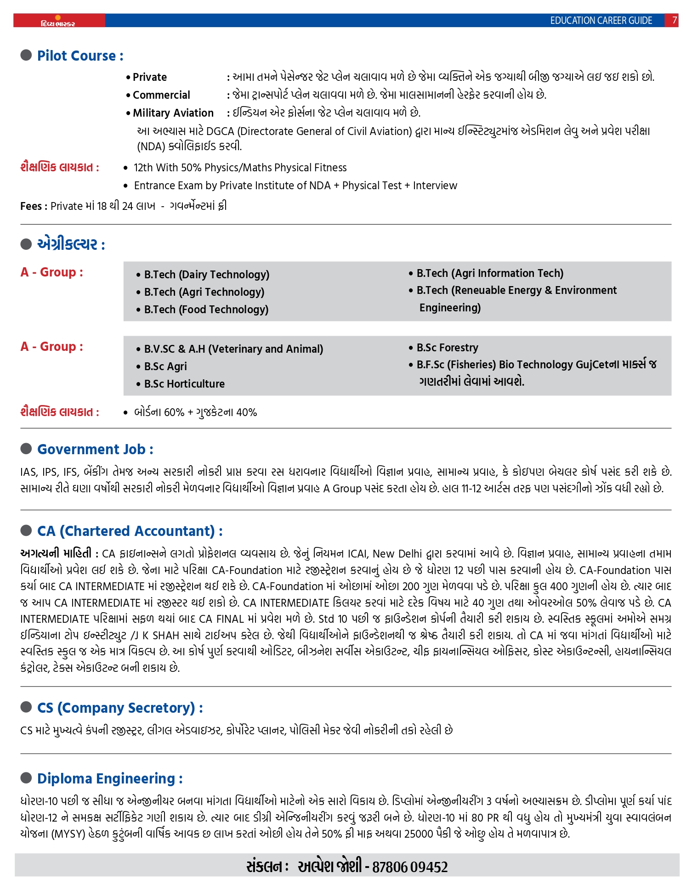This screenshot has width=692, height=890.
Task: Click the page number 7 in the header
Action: coord(674,20)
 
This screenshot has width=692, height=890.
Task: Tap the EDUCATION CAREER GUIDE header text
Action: coord(601,21)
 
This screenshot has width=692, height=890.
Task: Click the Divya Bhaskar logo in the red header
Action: coord(58,22)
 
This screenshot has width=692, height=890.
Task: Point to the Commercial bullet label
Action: coord(161,95)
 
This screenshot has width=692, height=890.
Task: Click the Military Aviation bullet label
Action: coord(173,113)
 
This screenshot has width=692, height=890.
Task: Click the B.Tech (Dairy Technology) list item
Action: coord(206,275)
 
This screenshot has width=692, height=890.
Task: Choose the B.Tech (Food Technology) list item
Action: coord(206,310)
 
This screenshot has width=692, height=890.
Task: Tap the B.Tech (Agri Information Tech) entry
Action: coord(489,273)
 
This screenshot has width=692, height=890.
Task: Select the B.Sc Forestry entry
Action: coord(447,348)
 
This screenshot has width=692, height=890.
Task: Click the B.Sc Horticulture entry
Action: coord(184,384)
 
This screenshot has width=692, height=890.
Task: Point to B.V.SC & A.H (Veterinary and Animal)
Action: coord(233,349)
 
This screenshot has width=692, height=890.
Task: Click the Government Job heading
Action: coord(95,450)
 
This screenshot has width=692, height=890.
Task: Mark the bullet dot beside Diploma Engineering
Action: coord(26,778)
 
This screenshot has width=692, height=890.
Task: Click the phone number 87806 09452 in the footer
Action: coord(409,867)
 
